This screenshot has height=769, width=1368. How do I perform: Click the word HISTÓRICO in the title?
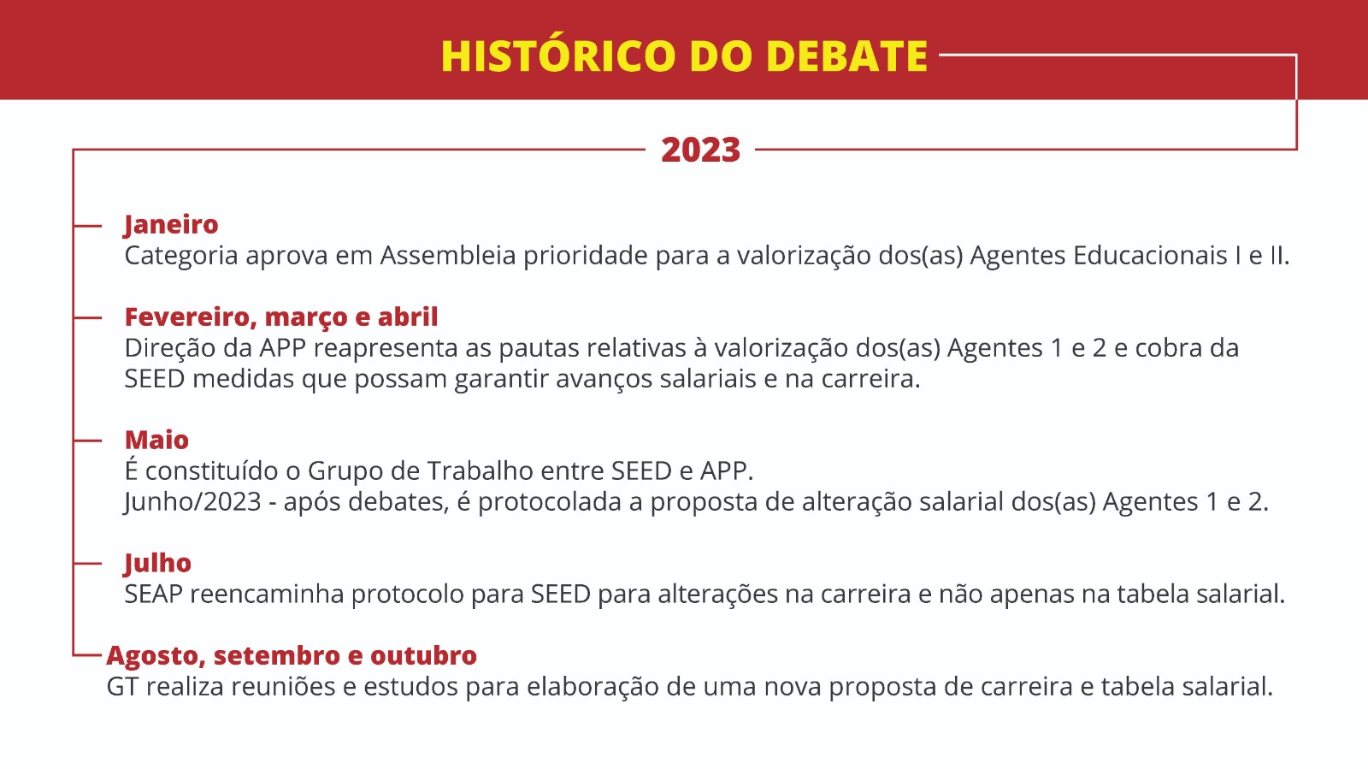(x=557, y=56)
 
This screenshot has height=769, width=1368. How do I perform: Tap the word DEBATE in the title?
(x=846, y=56)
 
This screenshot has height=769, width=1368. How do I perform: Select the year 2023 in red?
(x=700, y=150)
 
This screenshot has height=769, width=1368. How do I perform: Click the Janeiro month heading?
(x=171, y=225)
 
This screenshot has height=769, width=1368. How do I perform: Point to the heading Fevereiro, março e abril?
(x=281, y=317)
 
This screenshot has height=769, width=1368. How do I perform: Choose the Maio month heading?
(x=156, y=440)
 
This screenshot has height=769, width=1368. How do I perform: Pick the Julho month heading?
(x=157, y=563)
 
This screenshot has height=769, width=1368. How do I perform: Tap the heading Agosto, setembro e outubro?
(x=292, y=655)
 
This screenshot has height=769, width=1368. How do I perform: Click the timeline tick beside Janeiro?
(x=86, y=226)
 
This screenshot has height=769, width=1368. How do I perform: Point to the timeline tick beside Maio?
(x=86, y=441)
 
